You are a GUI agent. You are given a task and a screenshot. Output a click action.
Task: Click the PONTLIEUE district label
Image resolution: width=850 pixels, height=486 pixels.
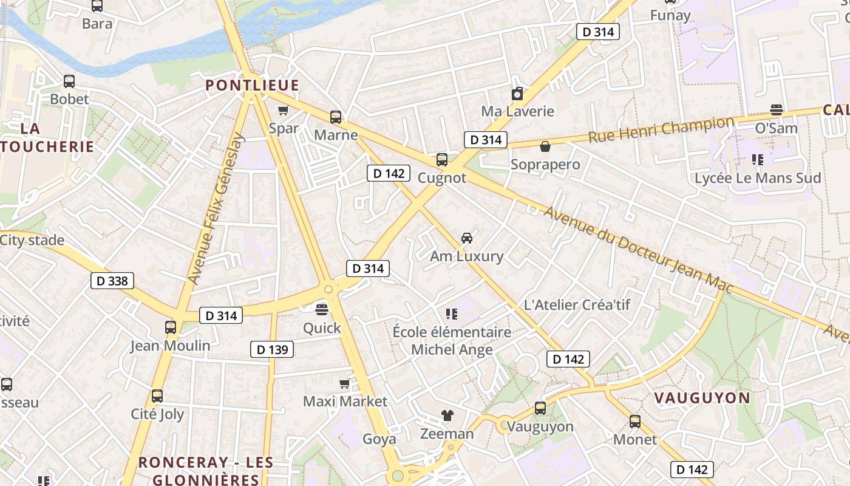point(252,86)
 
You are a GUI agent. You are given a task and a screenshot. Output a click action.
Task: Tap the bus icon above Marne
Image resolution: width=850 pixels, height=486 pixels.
point(335,117)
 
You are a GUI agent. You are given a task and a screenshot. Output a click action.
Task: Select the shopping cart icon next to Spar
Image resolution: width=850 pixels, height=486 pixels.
point(283,111)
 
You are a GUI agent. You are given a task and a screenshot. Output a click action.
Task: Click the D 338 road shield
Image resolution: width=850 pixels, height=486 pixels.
point(112,281)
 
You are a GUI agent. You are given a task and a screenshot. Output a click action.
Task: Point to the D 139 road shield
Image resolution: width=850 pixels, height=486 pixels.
point(272,349)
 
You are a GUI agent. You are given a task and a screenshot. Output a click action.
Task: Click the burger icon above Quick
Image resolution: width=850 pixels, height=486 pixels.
point(322,309)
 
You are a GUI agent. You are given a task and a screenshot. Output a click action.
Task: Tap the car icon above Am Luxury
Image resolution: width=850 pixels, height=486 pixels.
point(466,238)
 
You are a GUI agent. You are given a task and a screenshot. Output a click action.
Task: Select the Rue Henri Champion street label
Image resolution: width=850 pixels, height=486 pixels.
point(661,129)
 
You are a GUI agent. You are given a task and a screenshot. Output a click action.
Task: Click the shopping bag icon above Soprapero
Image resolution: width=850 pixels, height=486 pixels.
point(545,146)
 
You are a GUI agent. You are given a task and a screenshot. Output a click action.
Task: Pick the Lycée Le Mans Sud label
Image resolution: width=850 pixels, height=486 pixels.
point(758,178)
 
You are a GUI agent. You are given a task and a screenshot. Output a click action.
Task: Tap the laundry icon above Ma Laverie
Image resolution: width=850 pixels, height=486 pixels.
point(517,94)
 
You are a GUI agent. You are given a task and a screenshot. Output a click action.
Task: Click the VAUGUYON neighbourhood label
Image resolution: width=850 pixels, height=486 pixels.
point(702,399)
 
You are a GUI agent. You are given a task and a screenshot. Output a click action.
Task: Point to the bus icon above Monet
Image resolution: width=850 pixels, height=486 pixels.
point(635,421)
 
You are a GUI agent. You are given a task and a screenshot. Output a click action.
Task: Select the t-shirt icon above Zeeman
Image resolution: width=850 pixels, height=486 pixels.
point(447,416)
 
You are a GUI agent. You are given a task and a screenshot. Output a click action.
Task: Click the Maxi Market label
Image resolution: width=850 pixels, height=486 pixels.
point(345,402)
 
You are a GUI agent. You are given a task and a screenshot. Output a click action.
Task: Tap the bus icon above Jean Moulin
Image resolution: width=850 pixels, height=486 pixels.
point(171,327)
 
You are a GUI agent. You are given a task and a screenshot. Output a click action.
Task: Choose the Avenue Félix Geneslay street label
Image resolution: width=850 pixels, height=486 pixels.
point(216,208)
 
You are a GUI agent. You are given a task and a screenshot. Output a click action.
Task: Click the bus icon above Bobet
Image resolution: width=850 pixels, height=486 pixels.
point(69,81)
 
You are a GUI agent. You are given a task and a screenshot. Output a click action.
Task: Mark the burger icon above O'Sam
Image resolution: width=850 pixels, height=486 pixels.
point(776,110)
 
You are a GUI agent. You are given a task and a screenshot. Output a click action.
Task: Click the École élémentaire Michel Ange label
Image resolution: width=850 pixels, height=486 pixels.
point(452,341)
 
